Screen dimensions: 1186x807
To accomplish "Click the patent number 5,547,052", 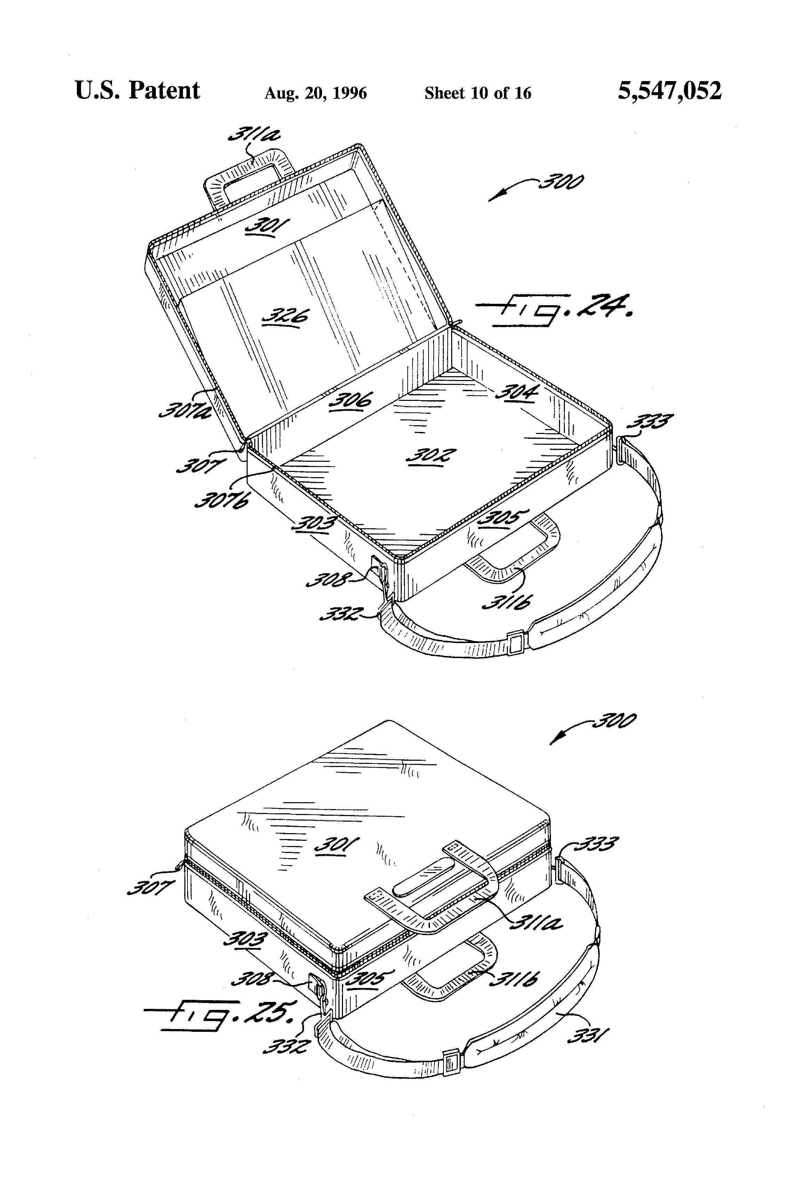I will (669, 91).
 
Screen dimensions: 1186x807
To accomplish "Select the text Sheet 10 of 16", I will (478, 93).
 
